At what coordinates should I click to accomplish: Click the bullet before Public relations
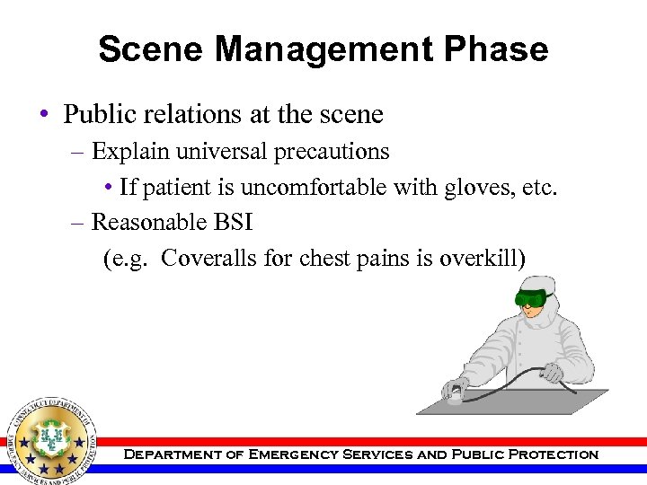click(44, 116)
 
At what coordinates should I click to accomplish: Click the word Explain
click(131, 152)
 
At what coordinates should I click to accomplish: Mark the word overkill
click(482, 259)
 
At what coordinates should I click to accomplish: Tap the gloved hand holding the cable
click(552, 370)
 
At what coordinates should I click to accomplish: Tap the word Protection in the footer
click(552, 454)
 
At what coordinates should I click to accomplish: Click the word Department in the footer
click(170, 454)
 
